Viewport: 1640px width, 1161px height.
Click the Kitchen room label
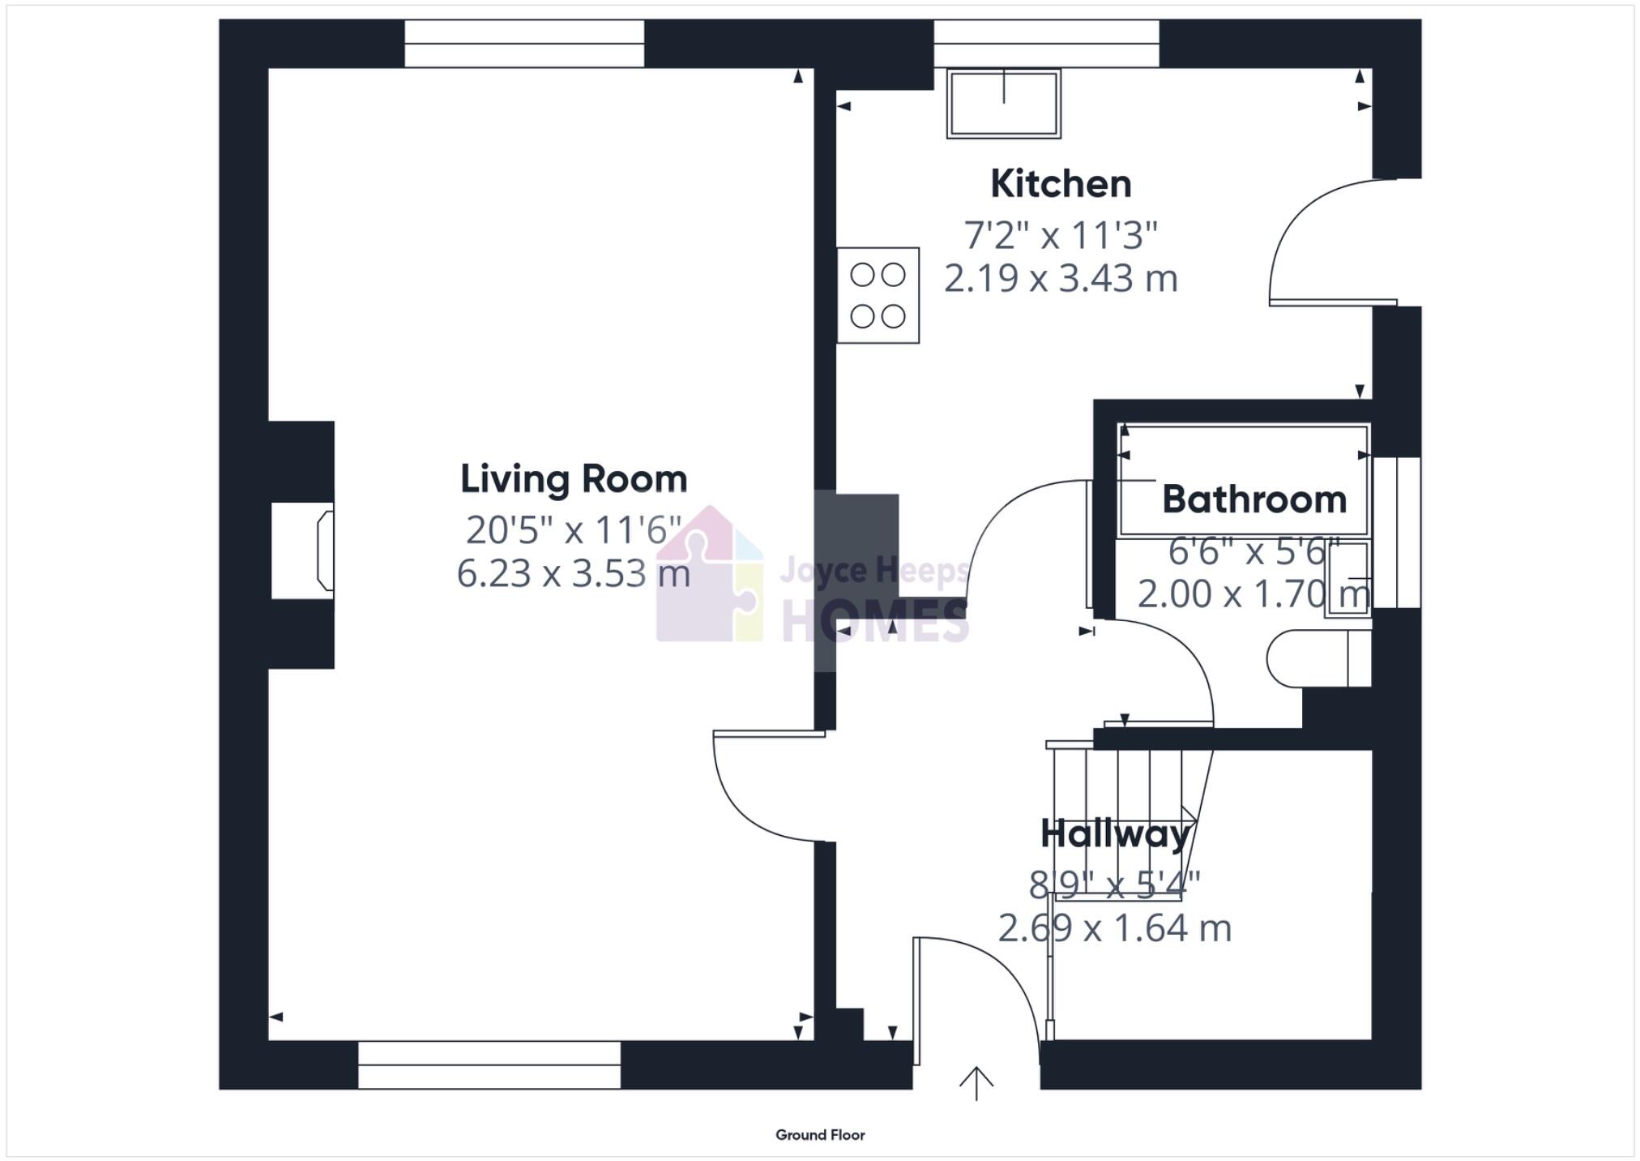coord(1060,184)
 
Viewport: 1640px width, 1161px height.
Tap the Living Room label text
coord(574,478)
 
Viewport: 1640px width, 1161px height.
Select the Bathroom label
coord(1253,499)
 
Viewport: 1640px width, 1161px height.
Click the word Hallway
coord(1115,833)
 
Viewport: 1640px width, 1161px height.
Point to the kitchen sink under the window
coord(1003,103)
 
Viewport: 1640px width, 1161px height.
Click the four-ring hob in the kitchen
coord(878,295)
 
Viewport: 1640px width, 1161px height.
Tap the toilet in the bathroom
coord(1317,658)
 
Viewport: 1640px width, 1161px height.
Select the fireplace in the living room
coord(302,551)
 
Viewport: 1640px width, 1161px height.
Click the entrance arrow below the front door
coord(976,1083)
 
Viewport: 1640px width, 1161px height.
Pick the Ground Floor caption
coord(820,1135)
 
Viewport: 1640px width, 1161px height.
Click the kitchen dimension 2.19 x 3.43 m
coord(1060,279)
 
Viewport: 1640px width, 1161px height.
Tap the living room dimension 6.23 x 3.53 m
coord(574,574)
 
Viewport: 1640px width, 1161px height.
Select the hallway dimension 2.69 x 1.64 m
coord(1114,928)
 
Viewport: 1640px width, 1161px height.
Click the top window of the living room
coord(524,44)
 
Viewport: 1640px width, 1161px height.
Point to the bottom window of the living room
coord(489,1065)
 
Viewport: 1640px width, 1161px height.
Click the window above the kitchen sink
coord(1046,44)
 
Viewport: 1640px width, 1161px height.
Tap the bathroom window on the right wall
coord(1397,533)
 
